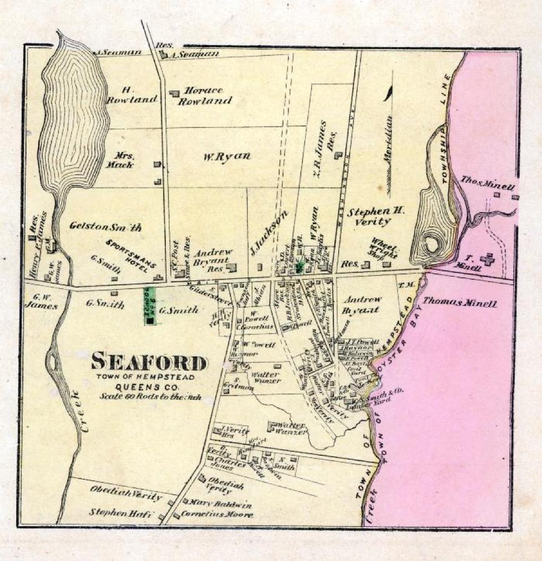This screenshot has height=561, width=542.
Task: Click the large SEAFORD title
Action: (149, 362)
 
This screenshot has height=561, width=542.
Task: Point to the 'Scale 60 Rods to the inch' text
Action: (150, 397)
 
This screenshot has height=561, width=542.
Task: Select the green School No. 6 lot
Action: (150, 306)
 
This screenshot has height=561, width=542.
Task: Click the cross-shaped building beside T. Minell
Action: (487, 259)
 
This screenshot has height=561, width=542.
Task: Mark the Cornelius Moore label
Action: (217, 514)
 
